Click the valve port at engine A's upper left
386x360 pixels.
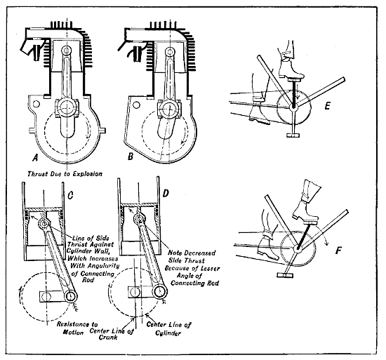pos(29,50)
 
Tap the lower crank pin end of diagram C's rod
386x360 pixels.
pos(69,296)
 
